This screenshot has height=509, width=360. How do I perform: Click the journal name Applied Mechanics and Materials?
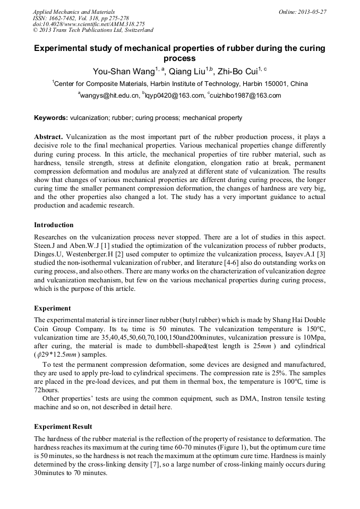(74, 12)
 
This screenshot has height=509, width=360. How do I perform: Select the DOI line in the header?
(89, 24)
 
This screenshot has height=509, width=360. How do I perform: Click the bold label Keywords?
(51, 118)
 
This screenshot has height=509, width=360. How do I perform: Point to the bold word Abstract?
(49, 136)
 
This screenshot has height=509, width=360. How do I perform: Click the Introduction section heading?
(54, 225)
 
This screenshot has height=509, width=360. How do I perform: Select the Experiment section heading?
(52, 308)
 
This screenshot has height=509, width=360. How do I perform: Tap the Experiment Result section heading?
(63, 427)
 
